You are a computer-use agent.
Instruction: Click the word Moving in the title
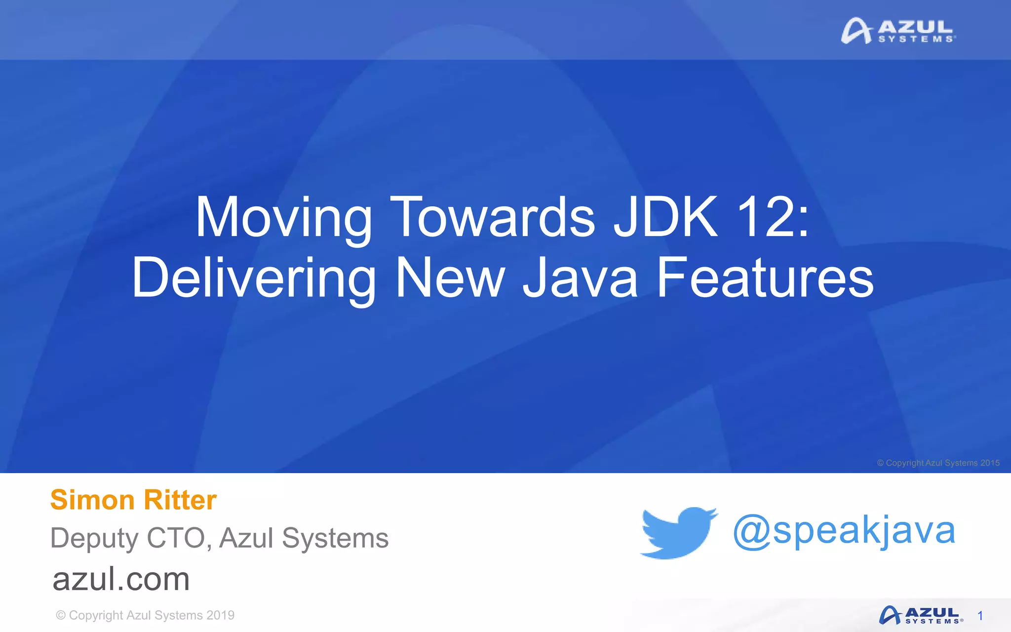[284, 218]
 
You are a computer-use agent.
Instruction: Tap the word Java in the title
[581, 278]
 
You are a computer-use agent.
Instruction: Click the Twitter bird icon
[678, 532]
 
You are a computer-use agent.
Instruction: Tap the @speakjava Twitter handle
[844, 531]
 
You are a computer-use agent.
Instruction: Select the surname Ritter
[180, 500]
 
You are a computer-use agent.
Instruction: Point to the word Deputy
[94, 538]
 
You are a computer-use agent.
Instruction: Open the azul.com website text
[121, 579]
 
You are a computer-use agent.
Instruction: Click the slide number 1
[980, 616]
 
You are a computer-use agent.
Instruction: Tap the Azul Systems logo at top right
[898, 31]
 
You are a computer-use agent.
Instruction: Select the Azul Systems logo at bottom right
[920, 616]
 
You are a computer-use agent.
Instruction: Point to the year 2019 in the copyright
[220, 615]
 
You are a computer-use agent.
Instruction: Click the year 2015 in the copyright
[990, 463]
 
